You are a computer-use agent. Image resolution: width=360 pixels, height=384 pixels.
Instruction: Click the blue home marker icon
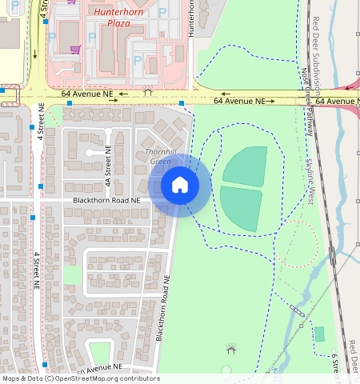(x=180, y=185)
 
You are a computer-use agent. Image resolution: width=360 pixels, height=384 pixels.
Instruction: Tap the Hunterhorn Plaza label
(x=119, y=18)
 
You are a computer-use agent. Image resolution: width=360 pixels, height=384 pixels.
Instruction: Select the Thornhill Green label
(x=159, y=157)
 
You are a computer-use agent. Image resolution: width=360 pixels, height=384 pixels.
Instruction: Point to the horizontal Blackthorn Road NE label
(x=106, y=200)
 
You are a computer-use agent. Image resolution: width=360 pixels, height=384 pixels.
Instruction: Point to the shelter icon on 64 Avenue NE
(x=146, y=93)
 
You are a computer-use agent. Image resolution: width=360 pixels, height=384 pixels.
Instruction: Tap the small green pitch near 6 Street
(x=320, y=334)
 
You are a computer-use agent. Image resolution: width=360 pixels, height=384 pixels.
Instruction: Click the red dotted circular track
(x=297, y=244)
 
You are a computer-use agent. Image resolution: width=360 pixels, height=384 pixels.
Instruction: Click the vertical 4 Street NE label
(x=37, y=272)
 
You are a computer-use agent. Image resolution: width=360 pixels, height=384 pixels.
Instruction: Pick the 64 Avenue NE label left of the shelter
(x=85, y=94)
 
